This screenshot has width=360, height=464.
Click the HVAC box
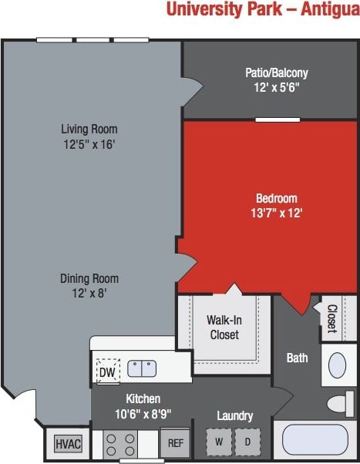[x=67, y=445]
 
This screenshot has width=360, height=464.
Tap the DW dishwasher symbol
[x=107, y=372]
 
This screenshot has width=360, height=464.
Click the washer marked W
[x=220, y=442]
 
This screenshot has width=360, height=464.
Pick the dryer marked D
[x=247, y=442]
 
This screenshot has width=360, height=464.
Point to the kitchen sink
[x=143, y=368]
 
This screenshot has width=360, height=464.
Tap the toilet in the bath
[x=340, y=402]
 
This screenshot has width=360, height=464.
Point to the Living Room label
[x=89, y=129]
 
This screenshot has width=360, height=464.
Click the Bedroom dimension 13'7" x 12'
[x=277, y=213]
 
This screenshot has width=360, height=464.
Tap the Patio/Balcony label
[x=277, y=73]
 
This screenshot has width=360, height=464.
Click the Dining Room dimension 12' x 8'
[x=89, y=293]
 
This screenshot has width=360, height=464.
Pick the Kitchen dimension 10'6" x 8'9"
[x=143, y=413]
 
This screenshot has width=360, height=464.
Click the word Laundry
[x=234, y=416]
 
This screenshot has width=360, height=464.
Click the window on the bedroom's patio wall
[x=278, y=119]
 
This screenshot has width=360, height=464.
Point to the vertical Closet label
[x=331, y=319]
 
